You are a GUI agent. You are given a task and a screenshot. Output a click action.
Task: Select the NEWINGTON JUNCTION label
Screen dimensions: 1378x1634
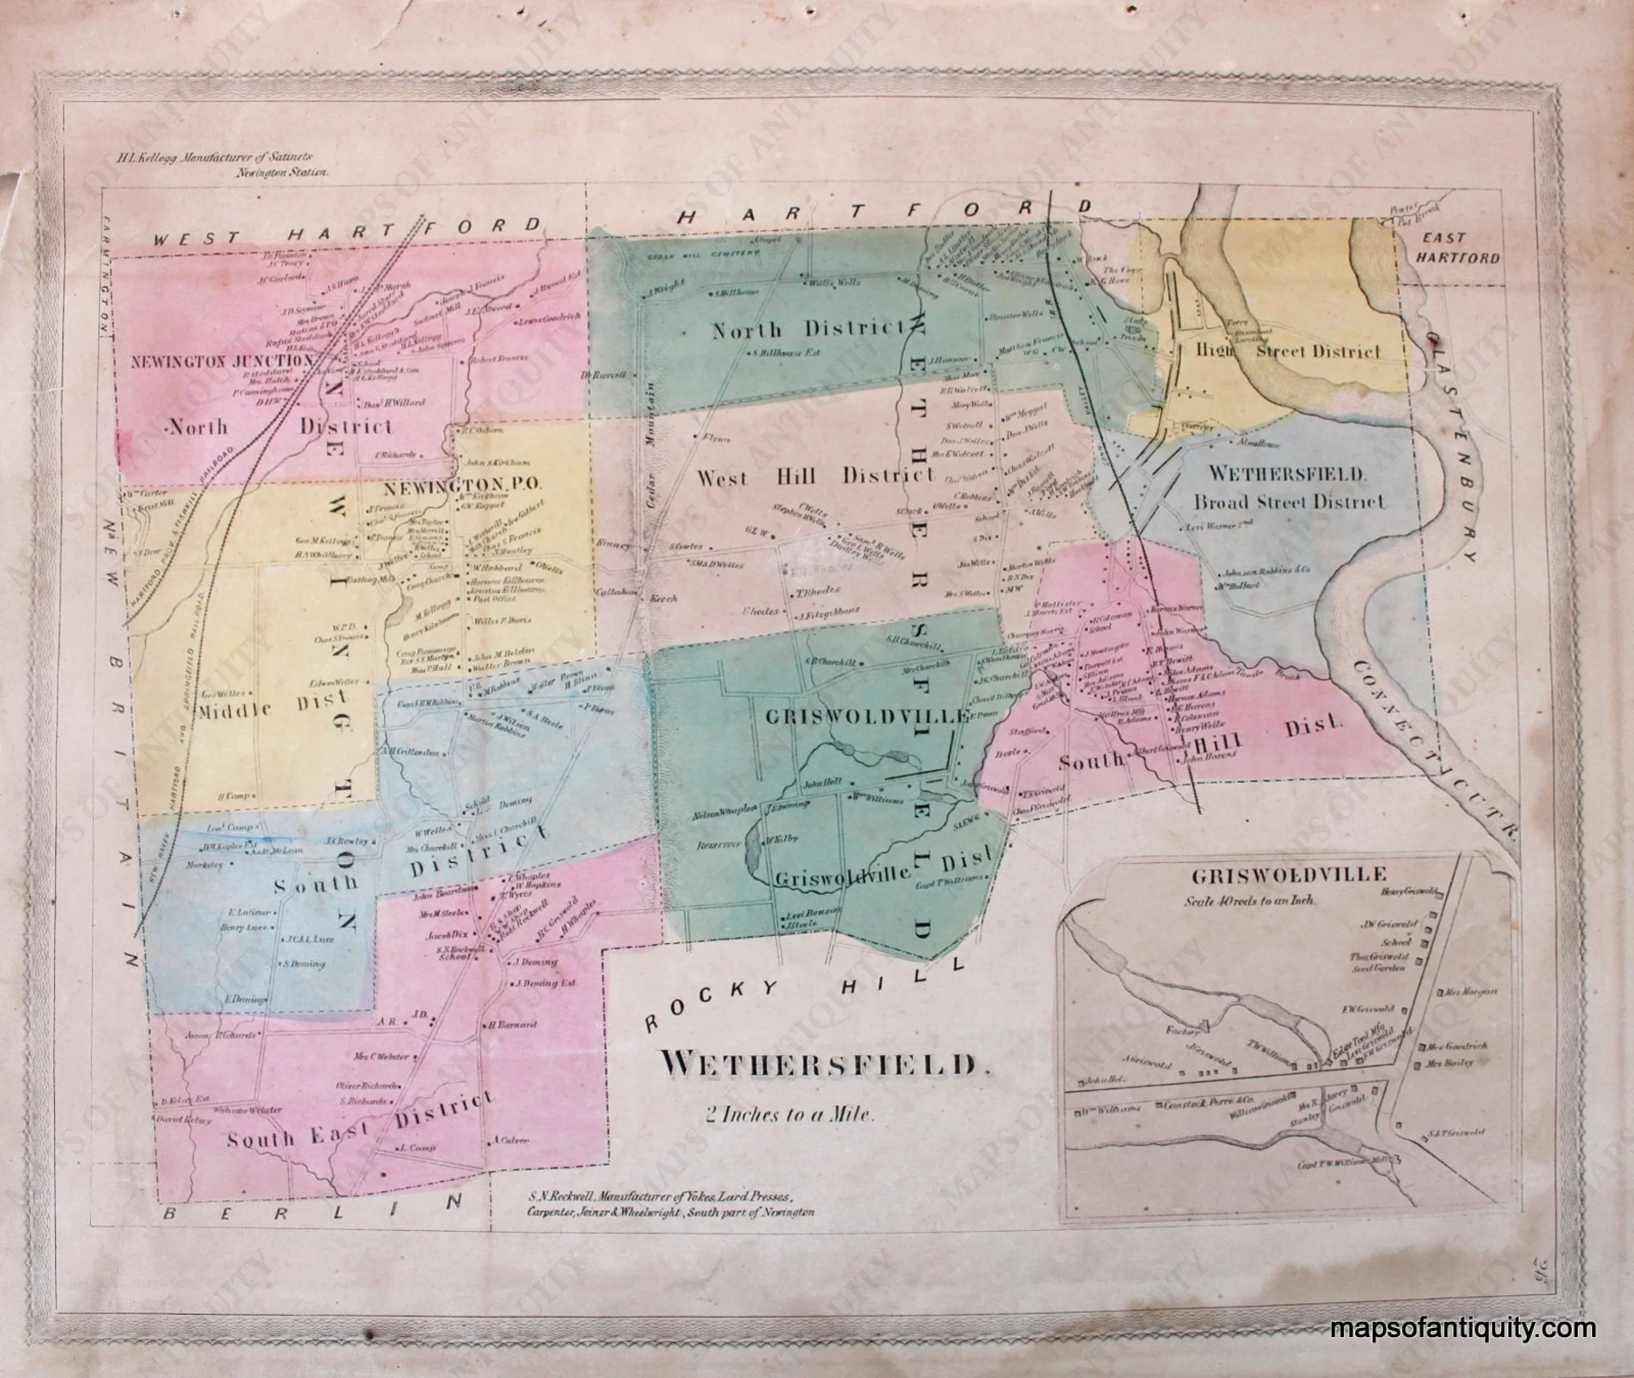tap(222, 361)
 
